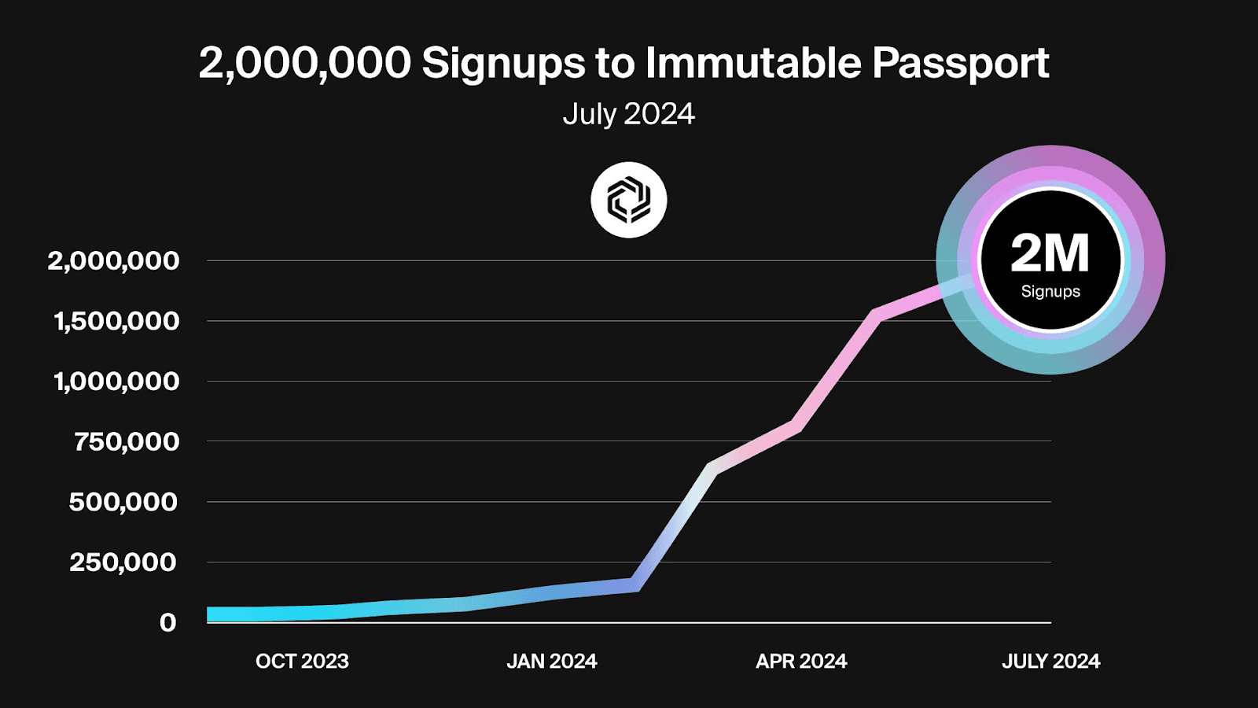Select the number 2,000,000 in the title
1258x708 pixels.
[305, 63]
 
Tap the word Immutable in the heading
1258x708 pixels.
[752, 63]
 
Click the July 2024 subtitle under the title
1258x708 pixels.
[628, 114]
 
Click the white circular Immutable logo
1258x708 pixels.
[629, 200]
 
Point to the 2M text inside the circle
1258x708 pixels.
[1050, 253]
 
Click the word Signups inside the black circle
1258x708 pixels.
[1050, 291]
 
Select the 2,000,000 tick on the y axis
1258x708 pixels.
[113, 260]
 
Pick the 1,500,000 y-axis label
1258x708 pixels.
[116, 321]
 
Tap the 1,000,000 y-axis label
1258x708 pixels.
[116, 382]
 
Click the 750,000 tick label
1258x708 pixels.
[127, 441]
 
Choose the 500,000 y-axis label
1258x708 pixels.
[123, 502]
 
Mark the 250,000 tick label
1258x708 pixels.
[123, 562]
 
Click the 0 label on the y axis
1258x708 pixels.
[167, 622]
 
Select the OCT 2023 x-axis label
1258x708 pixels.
[302, 661]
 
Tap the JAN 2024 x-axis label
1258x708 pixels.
[551, 661]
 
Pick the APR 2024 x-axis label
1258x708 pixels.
[801, 661]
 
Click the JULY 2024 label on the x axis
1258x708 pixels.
[1050, 661]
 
